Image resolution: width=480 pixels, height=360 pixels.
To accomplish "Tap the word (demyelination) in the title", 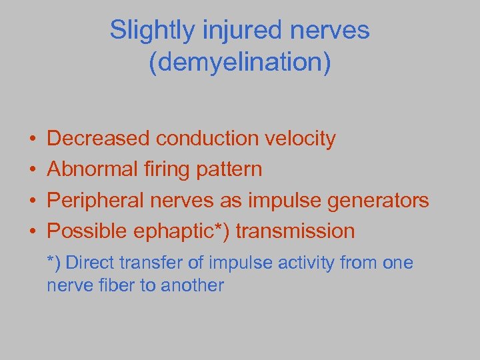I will (240, 64).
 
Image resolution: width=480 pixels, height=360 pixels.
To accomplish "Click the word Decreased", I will (99, 139).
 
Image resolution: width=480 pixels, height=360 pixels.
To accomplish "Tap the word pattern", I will (229, 169).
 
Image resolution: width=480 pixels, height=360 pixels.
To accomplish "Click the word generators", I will (379, 200).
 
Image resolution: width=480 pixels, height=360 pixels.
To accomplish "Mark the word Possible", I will (88, 231).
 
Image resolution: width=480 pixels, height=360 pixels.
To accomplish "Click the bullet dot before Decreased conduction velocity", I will (32, 139).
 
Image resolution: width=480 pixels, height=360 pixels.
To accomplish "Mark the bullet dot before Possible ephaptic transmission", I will (32, 232).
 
